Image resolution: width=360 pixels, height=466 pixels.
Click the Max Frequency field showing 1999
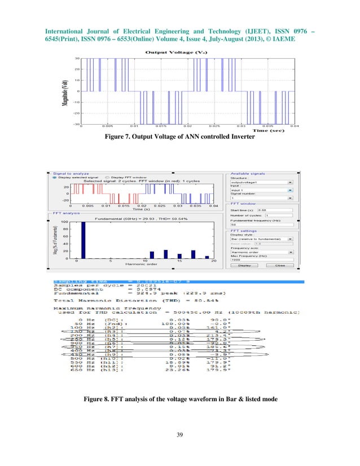268,260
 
